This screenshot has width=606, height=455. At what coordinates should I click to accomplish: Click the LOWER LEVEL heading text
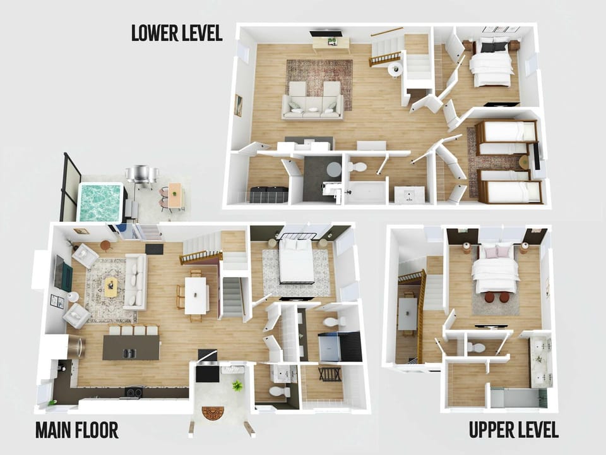(x=177, y=33)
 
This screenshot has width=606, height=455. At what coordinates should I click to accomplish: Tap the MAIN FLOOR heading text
(x=77, y=430)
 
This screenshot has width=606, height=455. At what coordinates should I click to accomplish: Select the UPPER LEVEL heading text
(x=514, y=430)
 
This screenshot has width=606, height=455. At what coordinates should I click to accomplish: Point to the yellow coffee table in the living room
(x=111, y=287)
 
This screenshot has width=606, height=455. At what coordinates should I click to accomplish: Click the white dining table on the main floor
(x=196, y=296)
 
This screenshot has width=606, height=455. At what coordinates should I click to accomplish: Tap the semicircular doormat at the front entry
(x=213, y=413)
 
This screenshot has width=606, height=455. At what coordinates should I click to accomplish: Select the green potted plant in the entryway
(x=236, y=385)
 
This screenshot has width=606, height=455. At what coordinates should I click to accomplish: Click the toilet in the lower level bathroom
(x=357, y=167)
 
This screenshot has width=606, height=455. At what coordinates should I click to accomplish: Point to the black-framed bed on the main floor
(x=297, y=259)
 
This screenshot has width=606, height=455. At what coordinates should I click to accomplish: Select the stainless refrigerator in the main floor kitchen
(x=76, y=347)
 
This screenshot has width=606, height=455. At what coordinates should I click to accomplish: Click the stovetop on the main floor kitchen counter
(x=133, y=392)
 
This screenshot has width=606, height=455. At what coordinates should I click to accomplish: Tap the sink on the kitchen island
(x=129, y=353)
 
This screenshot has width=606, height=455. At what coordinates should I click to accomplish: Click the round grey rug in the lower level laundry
(x=334, y=169)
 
